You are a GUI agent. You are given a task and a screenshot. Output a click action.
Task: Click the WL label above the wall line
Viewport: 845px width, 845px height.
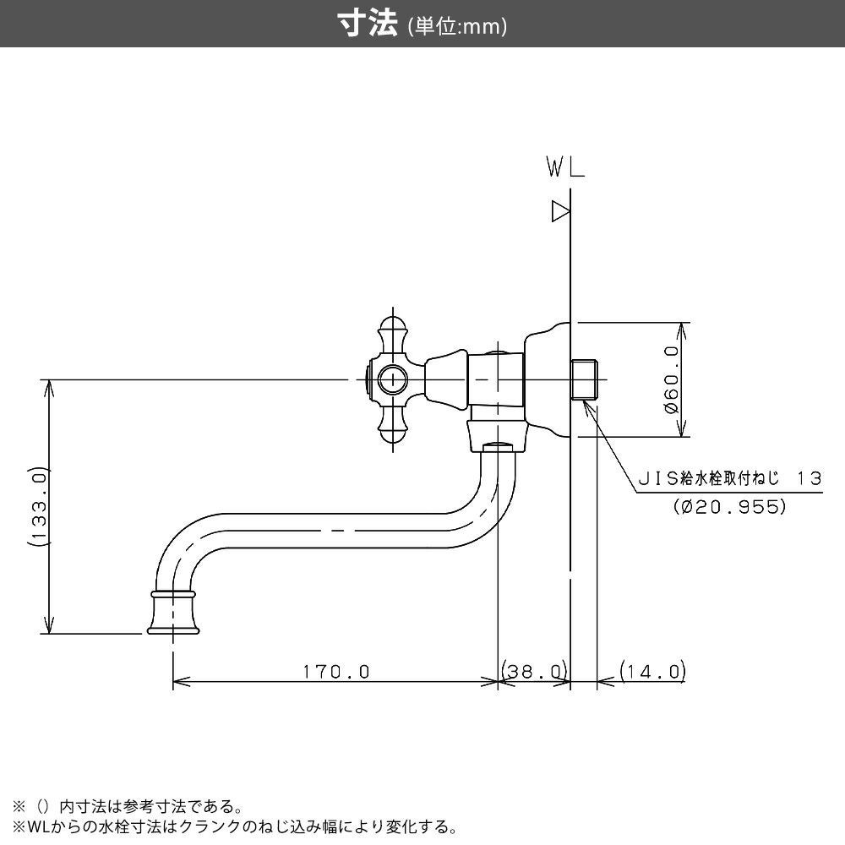(565, 169)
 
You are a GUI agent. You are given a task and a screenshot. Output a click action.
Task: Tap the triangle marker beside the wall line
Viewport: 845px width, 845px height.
(560, 210)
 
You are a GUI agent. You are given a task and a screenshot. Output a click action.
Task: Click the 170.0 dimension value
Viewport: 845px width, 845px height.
(336, 672)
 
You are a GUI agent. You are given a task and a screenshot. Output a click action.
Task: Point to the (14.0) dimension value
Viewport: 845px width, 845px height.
(651, 672)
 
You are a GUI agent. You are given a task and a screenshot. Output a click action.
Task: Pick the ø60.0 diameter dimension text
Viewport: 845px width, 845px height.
(672, 379)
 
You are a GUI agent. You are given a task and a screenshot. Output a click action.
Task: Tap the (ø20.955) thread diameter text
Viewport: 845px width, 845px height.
(730, 507)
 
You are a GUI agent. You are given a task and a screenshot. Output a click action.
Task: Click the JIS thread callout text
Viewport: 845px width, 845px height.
(728, 478)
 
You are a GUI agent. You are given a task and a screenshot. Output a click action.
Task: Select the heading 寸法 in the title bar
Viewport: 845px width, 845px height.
(368, 25)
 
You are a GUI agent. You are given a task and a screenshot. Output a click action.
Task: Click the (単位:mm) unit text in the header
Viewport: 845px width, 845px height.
(457, 27)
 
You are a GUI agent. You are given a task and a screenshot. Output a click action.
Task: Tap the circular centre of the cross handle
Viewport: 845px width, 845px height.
(391, 380)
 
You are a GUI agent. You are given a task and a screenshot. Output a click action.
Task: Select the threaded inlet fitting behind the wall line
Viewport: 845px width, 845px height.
(586, 379)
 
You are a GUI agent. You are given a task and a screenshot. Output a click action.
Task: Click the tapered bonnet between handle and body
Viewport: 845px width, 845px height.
(445, 379)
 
